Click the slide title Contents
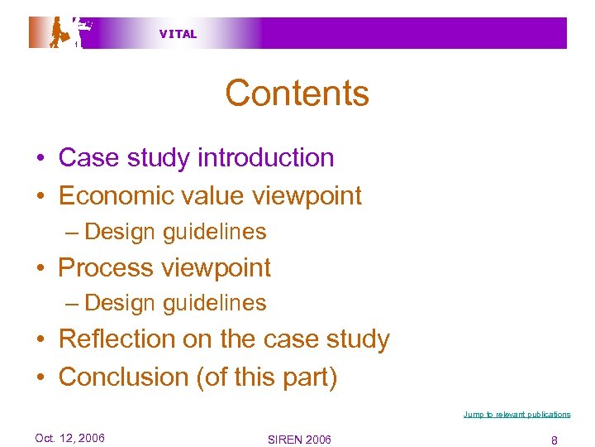(297, 94)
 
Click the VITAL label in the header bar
(178, 34)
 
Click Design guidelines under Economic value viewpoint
(175, 232)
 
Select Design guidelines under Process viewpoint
(175, 303)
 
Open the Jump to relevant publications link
(516, 414)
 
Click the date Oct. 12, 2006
(70, 438)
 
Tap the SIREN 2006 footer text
(299, 440)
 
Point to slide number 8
(554, 440)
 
